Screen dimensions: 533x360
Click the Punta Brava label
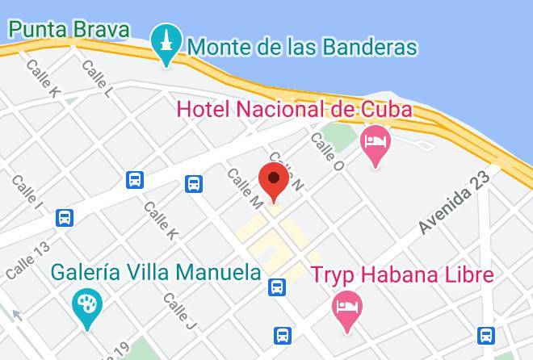point(69,31)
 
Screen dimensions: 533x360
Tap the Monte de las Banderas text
point(302,47)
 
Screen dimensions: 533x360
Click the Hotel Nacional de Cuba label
point(294,108)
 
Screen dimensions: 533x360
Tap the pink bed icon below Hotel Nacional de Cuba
point(375,142)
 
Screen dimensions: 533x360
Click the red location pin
point(274,180)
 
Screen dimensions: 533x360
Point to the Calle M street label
point(245,189)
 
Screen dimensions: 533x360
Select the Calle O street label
point(328,152)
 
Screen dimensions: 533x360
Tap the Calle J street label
point(179,312)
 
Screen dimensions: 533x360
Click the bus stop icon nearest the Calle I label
point(65,217)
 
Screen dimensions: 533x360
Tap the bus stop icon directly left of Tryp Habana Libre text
point(277,286)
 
